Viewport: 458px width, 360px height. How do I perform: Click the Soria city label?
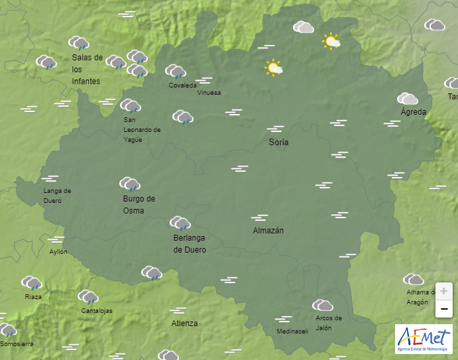pyautogui.click(x=278, y=143)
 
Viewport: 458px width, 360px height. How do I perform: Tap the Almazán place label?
pyautogui.click(x=268, y=231)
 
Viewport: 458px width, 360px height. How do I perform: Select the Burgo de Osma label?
pyautogui.click(x=139, y=205)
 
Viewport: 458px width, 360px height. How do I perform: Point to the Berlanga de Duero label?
pyautogui.click(x=190, y=244)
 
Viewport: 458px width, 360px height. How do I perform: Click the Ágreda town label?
pyautogui.click(x=414, y=112)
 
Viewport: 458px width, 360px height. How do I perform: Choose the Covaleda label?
pyautogui.click(x=182, y=86)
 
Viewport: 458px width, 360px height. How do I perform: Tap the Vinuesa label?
pyautogui.click(x=209, y=93)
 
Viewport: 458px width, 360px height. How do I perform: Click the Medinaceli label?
pyautogui.click(x=292, y=331)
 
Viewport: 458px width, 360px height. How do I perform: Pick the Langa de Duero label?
pyautogui.click(x=57, y=196)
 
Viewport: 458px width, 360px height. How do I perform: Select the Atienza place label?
pyautogui.click(x=184, y=324)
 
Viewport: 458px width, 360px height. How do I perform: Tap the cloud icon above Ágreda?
pyautogui.click(x=407, y=99)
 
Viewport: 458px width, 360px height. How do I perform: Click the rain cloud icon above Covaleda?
pyautogui.click(x=175, y=71)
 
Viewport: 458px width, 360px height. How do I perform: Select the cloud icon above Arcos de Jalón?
pyautogui.click(x=322, y=305)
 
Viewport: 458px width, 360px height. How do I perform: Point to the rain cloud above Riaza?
pyautogui.click(x=31, y=283)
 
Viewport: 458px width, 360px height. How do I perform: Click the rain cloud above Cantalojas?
pyautogui.click(x=88, y=297)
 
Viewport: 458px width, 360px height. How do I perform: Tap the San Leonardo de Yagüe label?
pyautogui.click(x=142, y=130)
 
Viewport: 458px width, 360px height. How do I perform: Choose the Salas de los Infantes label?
pyautogui.click(x=87, y=70)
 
